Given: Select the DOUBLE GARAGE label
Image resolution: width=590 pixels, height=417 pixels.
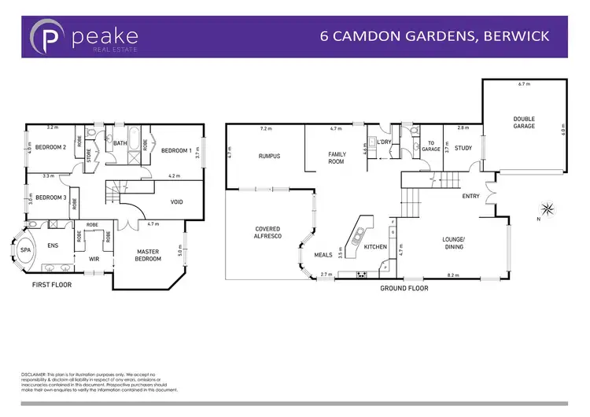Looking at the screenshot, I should [x=524, y=123].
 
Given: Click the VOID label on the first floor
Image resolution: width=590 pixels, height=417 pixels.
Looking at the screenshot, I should [x=177, y=202].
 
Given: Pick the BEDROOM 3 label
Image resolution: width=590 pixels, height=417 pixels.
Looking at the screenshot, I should [x=49, y=197].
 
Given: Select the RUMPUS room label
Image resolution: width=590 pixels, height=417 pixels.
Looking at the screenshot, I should [x=269, y=156].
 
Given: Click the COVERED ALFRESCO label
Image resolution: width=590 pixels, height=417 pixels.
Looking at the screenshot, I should [x=267, y=234].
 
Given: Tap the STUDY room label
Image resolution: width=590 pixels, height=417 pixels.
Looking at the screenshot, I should [x=463, y=148].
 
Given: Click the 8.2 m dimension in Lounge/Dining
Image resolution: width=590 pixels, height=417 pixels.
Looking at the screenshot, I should [x=453, y=276].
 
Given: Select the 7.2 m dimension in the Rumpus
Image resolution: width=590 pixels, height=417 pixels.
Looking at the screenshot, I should [x=265, y=128].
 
